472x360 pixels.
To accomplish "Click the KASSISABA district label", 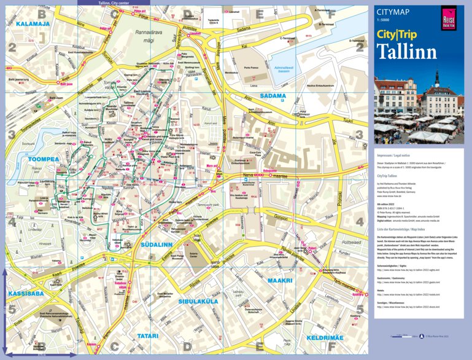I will pyautogui.click(x=25, y=294).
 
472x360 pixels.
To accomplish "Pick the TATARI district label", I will pyautogui.click(x=148, y=336).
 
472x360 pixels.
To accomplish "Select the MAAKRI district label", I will pyautogui.click(x=279, y=280).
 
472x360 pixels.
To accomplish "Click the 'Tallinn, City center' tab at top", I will pyautogui.click(x=114, y=2).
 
